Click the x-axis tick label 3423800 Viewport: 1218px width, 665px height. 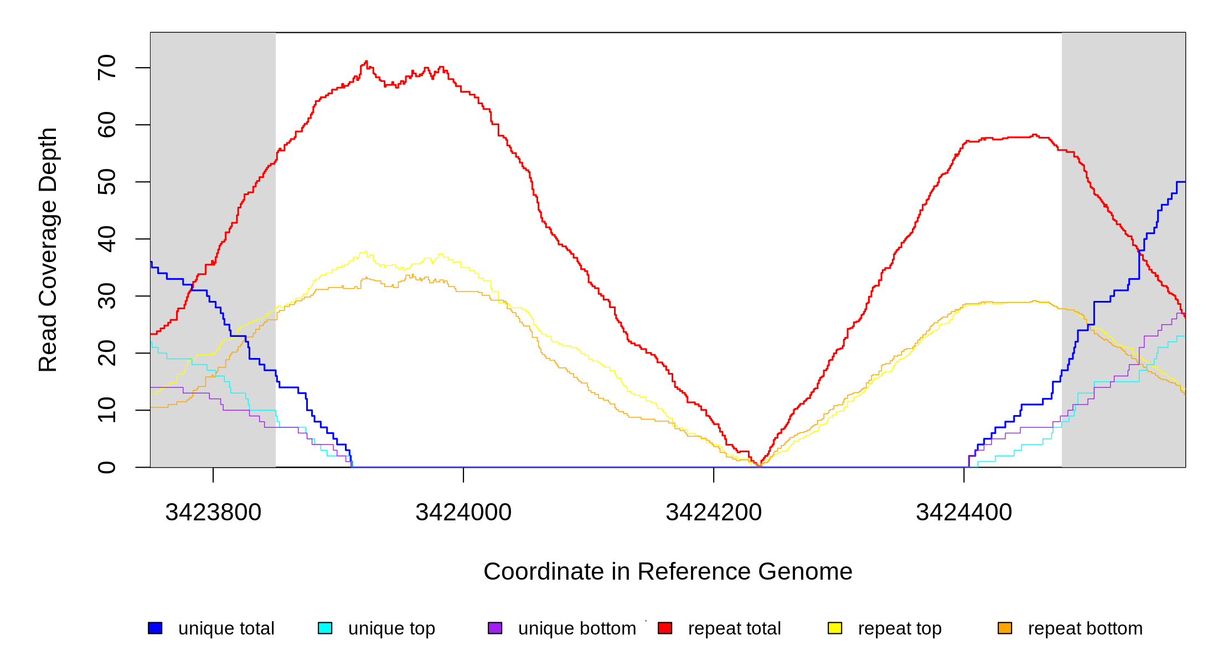pos(213,513)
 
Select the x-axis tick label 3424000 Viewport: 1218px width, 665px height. pos(463,513)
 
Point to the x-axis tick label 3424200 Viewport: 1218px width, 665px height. pos(714,513)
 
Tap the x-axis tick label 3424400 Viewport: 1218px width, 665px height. pos(964,513)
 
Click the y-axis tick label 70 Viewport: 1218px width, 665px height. pos(107,68)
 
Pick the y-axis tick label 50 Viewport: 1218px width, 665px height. pos(107,182)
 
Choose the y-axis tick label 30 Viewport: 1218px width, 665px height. pos(107,296)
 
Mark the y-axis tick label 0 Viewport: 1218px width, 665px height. pos(107,467)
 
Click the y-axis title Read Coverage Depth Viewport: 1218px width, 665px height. pos(48,249)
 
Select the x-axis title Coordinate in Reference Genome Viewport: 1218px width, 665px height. pos(668,571)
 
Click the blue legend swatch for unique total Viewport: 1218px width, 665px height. pos(155,628)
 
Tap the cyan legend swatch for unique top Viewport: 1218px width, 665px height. pos(325,628)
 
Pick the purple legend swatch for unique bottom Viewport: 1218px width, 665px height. pos(495,628)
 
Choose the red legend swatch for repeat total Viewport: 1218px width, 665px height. pos(665,628)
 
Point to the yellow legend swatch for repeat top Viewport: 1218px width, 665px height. pos(835,628)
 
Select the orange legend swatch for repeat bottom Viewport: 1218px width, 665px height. pos(1005,628)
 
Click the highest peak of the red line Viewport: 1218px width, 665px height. pos(366,62)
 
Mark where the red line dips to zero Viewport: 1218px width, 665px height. pos(759,465)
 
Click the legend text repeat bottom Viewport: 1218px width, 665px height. pos(1085,628)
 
